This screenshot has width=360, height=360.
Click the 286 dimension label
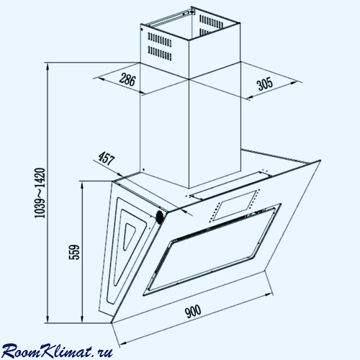coord(127,80)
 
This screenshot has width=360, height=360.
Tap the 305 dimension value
coord(265,84)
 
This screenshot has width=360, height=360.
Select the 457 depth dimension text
coord(107,158)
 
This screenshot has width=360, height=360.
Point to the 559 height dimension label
coord(74,252)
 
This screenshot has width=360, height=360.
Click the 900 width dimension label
coord(193,311)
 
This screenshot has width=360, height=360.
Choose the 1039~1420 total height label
coord(40,193)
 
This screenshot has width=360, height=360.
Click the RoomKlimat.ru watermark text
coord(57,351)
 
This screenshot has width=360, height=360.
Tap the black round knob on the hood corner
coord(159,217)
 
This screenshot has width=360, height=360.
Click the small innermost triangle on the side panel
coord(128,237)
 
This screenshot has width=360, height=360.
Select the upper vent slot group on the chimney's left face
coord(160,40)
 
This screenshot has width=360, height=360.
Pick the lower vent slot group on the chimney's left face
coord(160,53)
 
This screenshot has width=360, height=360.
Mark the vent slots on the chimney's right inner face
coord(211,24)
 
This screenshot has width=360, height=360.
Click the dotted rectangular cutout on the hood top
coord(234,206)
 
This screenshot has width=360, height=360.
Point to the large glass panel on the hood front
coord(212,250)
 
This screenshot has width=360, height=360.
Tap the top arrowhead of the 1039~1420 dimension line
coord(48,67)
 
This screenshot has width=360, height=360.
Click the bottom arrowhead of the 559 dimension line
coord(82,319)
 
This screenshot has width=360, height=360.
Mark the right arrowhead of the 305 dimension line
coord(293,83)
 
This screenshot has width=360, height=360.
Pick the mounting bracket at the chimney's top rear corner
coord(189,12)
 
